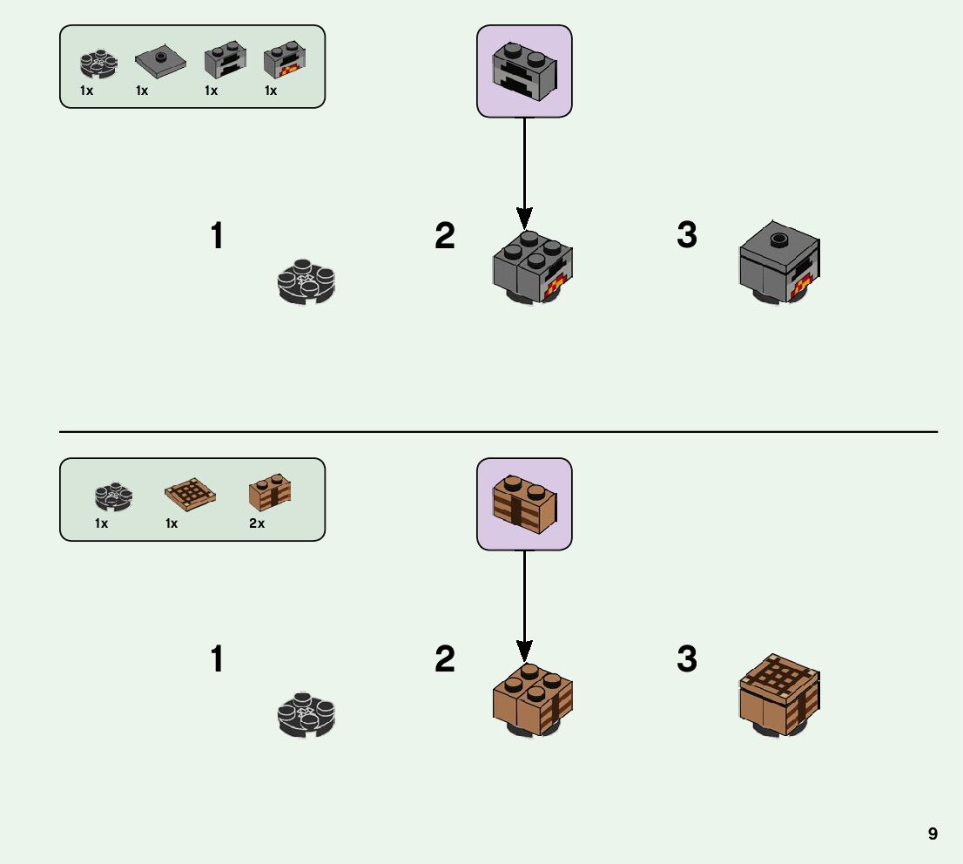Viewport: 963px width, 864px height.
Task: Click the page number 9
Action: click(933, 834)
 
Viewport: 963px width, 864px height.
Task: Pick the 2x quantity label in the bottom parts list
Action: click(257, 523)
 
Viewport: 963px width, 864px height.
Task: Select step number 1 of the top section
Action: click(217, 236)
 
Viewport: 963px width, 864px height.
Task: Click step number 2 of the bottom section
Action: click(445, 659)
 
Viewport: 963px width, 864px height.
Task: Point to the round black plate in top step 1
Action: click(306, 281)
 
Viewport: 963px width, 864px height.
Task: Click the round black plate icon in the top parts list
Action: click(98, 63)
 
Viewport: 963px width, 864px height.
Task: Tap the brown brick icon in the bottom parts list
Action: click(270, 492)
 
